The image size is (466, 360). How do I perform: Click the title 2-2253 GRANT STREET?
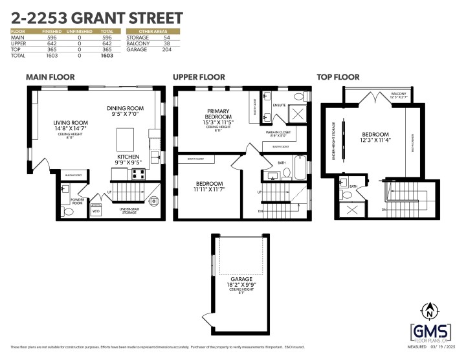coord(97,17)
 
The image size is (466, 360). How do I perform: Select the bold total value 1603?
coord(107,56)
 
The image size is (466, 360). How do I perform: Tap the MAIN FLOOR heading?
coord(50,77)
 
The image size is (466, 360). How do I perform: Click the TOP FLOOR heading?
coord(338,77)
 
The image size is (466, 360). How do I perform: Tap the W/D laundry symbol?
coord(96,211)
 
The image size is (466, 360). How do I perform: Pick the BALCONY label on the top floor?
coord(398,93)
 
